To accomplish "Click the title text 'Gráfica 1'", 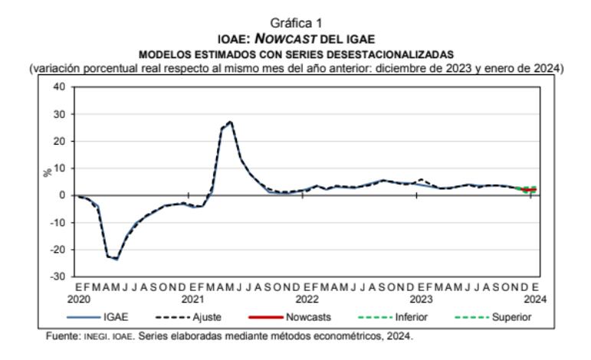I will point(295,24).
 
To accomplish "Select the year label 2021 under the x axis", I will point(192,297).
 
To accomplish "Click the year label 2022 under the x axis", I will point(306,297).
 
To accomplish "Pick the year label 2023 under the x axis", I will point(420,297).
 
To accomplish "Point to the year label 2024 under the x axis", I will point(534,297).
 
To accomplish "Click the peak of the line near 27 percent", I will point(230,122).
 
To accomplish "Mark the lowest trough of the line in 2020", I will point(117,259).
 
